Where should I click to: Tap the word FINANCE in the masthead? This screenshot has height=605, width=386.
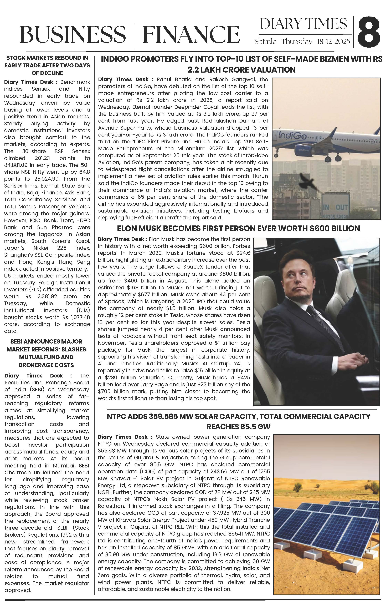[191, 35]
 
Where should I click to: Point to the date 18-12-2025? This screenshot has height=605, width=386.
[333, 42]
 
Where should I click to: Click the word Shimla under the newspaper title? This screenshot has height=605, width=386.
[265, 42]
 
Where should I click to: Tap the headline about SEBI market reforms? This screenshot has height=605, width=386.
[47, 353]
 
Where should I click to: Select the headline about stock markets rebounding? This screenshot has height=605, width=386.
[47, 65]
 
